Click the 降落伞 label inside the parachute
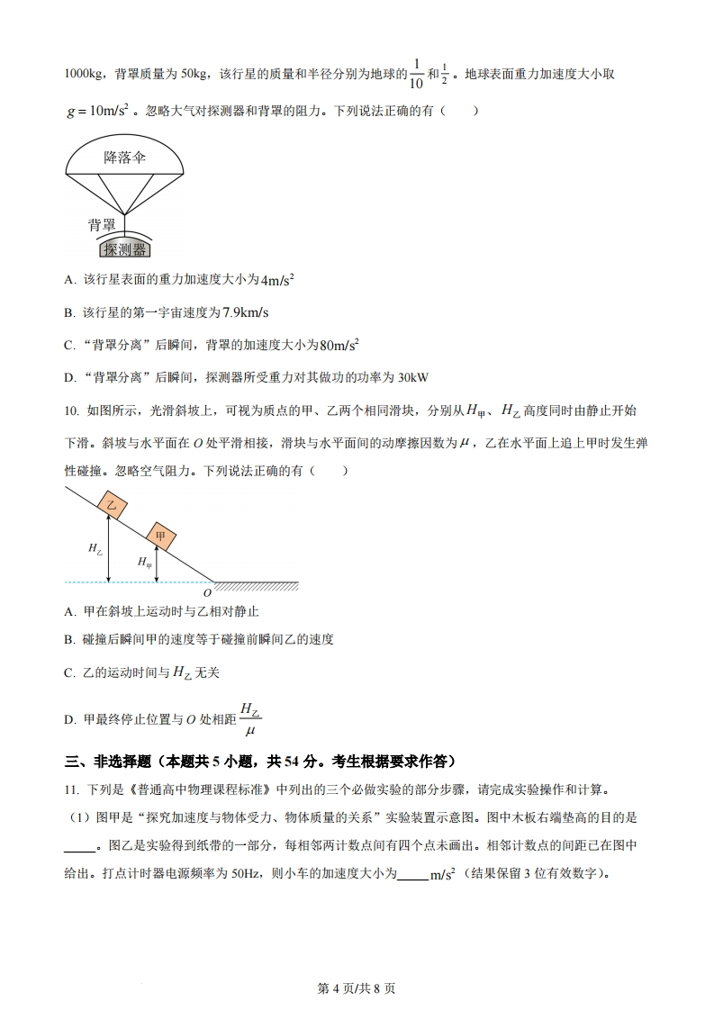(124, 158)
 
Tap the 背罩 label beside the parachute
(102, 225)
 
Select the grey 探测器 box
(124, 248)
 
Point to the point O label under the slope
(207, 593)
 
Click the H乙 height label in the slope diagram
(95, 547)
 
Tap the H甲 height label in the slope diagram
(144, 563)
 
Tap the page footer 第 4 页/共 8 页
(357, 987)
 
